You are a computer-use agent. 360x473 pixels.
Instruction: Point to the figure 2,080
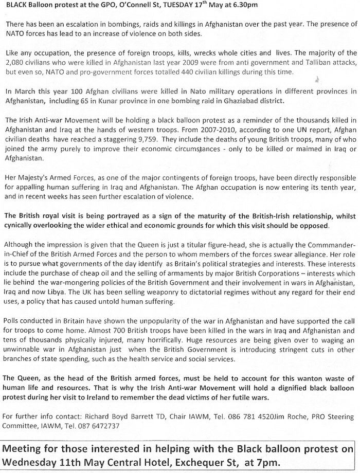tap(15, 62)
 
